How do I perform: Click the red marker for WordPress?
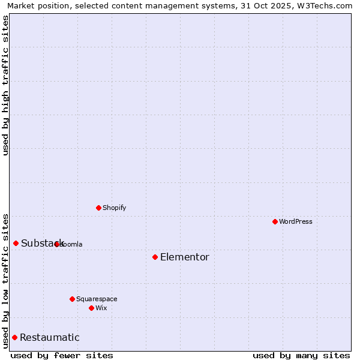coord(275,221)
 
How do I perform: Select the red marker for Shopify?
coord(98,208)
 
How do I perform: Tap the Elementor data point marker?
coord(155,257)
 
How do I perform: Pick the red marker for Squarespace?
coord(72,299)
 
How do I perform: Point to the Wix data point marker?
coord(91,308)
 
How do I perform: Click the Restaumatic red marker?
coord(14,337)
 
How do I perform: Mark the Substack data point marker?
coord(16,243)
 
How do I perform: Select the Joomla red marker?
coord(56,244)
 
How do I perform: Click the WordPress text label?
coord(296,221)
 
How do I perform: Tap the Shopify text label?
coord(115,208)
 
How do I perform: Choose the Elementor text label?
coord(185,257)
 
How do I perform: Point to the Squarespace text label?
coord(97,299)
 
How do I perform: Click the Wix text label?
coord(101,308)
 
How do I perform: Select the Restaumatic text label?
coord(50,338)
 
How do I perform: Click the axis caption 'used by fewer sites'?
coord(62,355)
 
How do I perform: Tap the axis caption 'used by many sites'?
coord(301,355)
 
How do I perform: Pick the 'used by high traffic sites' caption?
coord(6,85)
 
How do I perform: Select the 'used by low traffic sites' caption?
coord(6,280)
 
